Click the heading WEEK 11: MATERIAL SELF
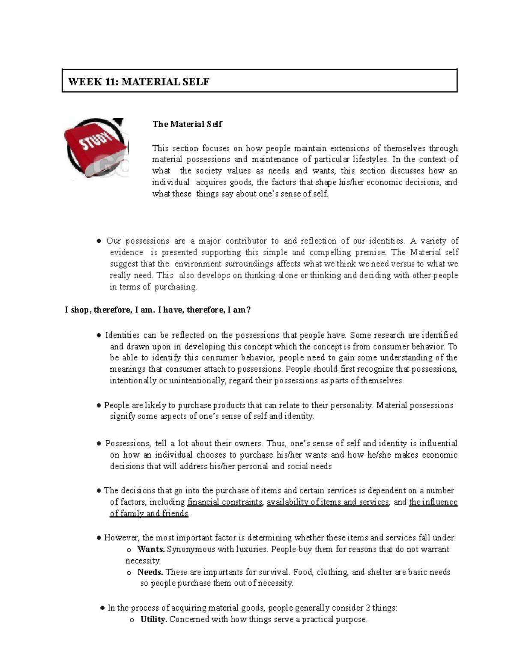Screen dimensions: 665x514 pyautogui.click(x=138, y=82)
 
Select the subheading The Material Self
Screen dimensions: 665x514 pyautogui.click(x=187, y=124)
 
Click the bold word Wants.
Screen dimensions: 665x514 pyautogui.click(x=151, y=549)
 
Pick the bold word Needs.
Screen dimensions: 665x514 pyautogui.click(x=150, y=572)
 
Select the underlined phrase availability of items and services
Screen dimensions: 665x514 pyautogui.click(x=328, y=502)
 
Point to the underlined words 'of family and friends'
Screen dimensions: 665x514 pyautogui.click(x=149, y=513)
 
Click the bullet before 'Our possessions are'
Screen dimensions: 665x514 pyautogui.click(x=99, y=242)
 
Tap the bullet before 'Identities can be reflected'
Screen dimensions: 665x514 pyautogui.click(x=99, y=335)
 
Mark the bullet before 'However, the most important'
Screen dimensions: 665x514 pyautogui.click(x=99, y=538)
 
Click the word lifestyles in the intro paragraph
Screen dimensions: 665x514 pyautogui.click(x=371, y=159)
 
